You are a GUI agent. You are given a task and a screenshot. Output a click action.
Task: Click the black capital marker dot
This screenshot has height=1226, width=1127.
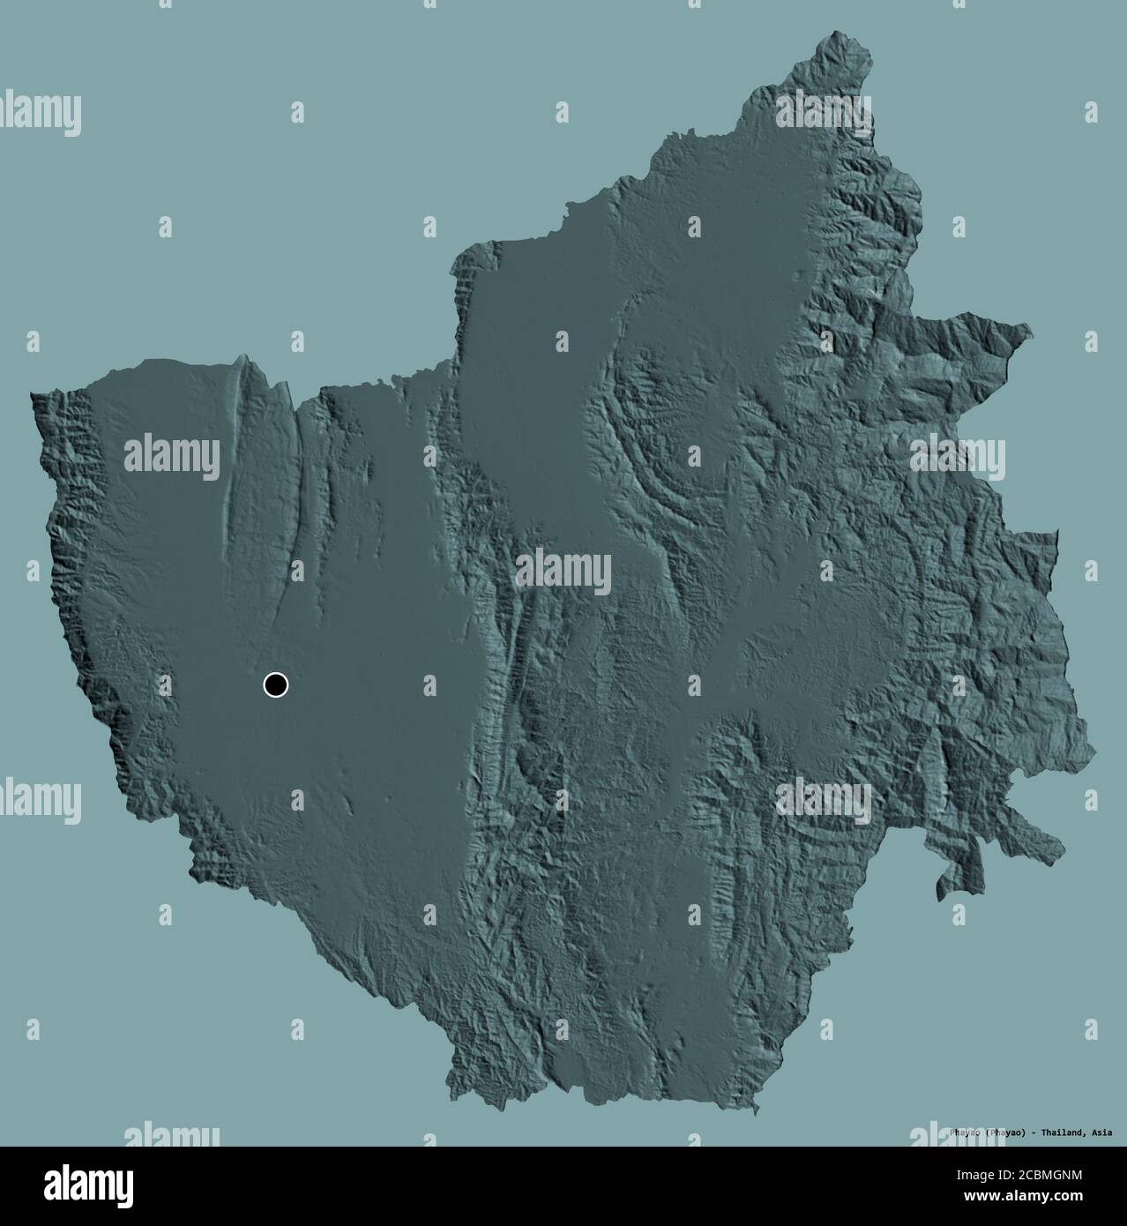276,684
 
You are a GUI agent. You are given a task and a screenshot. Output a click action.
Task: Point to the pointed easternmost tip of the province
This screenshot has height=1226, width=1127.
1028,327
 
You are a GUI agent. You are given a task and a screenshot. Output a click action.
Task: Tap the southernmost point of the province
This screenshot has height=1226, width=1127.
755,1113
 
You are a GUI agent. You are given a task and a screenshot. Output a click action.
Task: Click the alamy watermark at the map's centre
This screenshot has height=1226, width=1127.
563,572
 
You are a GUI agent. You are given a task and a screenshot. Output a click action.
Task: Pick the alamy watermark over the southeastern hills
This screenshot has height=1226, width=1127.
824,799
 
